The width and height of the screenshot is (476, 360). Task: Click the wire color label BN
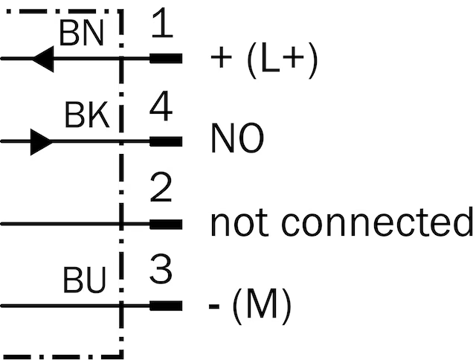pos(82,33)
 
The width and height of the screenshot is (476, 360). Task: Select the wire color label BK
pos(87,115)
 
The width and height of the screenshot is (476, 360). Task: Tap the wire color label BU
pos(85,280)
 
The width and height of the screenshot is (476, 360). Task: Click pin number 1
pos(162,23)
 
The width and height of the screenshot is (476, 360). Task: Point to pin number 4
pos(161,106)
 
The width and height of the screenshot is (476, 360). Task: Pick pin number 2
pos(161,187)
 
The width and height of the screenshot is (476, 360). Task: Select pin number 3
pos(161,269)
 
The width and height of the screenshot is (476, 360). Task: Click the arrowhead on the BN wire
pos(43,59)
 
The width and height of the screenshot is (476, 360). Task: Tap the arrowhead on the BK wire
pos(42,142)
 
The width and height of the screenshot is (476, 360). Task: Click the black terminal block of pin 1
pos(166,58)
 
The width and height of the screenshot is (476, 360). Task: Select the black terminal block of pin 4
pos(166,142)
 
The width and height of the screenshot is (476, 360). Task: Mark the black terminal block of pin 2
pos(166,225)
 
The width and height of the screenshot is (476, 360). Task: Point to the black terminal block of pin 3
pos(166,306)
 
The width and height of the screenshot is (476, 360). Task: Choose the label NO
pos(237,138)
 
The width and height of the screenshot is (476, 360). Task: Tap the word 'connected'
pos(377,222)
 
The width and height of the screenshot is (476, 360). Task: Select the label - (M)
pos(250,306)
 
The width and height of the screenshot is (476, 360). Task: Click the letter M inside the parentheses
pos(261,303)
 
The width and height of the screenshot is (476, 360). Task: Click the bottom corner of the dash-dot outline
pos(121,356)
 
